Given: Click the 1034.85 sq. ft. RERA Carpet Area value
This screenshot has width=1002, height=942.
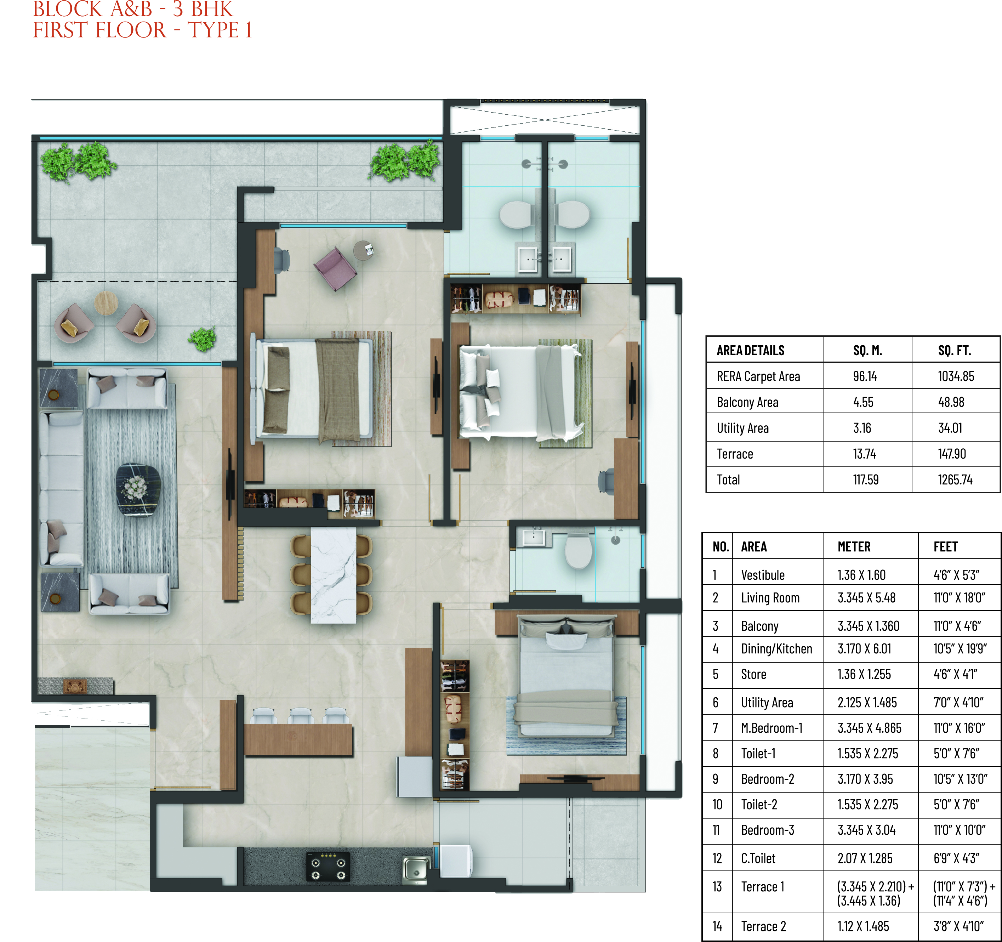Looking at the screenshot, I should [955, 376].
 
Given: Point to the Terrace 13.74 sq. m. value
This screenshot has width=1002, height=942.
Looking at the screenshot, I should [864, 454].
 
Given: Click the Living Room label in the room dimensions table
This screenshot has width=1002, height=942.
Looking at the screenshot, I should [770, 598].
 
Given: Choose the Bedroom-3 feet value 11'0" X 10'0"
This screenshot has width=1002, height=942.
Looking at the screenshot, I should [959, 830].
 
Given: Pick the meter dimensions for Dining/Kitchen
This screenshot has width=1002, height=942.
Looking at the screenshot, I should [864, 649].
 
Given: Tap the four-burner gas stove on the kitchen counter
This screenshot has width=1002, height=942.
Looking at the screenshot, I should [328, 867].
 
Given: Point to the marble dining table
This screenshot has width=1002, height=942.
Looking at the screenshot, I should [333, 574].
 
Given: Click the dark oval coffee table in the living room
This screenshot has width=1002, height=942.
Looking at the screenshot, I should [138, 489].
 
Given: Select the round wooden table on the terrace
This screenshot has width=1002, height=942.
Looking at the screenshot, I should [106, 303].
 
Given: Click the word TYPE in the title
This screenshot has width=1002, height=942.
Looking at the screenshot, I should [213, 30].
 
